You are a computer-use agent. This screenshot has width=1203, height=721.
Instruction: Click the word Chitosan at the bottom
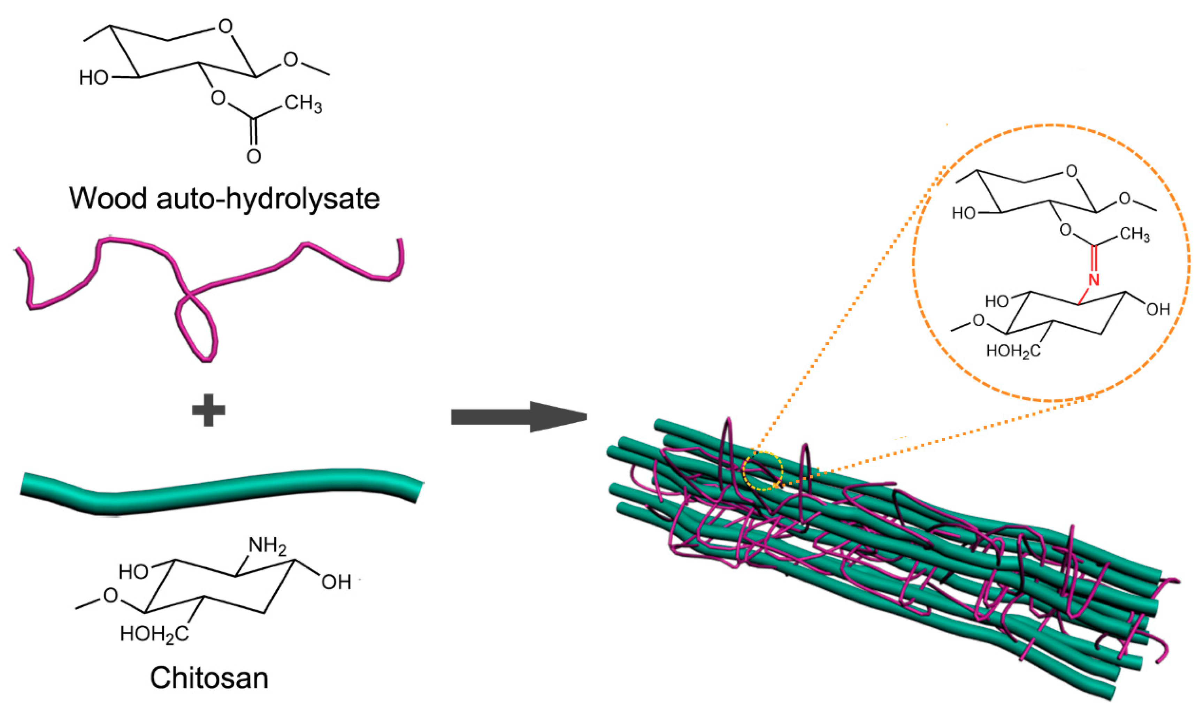coord(209,678)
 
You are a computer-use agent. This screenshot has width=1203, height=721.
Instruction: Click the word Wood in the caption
coord(108,198)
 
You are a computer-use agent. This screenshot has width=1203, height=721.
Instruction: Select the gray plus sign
coord(208,409)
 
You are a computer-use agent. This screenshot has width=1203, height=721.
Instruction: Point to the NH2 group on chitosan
coord(267,546)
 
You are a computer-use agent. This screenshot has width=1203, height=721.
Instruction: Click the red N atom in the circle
coord(1093,280)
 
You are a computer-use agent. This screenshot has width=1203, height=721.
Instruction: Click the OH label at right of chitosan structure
coord(336,582)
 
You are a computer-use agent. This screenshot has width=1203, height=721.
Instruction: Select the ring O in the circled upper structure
coord(1071,171)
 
